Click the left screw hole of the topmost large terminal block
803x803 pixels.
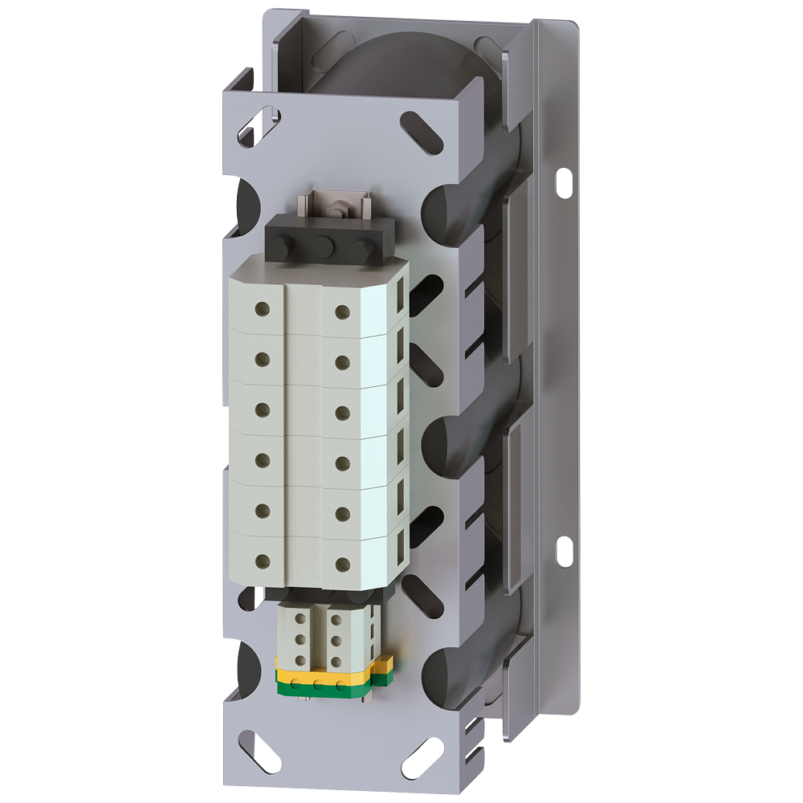[262, 308]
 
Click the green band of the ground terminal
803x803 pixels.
[321, 687]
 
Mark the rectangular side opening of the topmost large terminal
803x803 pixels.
[399, 304]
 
